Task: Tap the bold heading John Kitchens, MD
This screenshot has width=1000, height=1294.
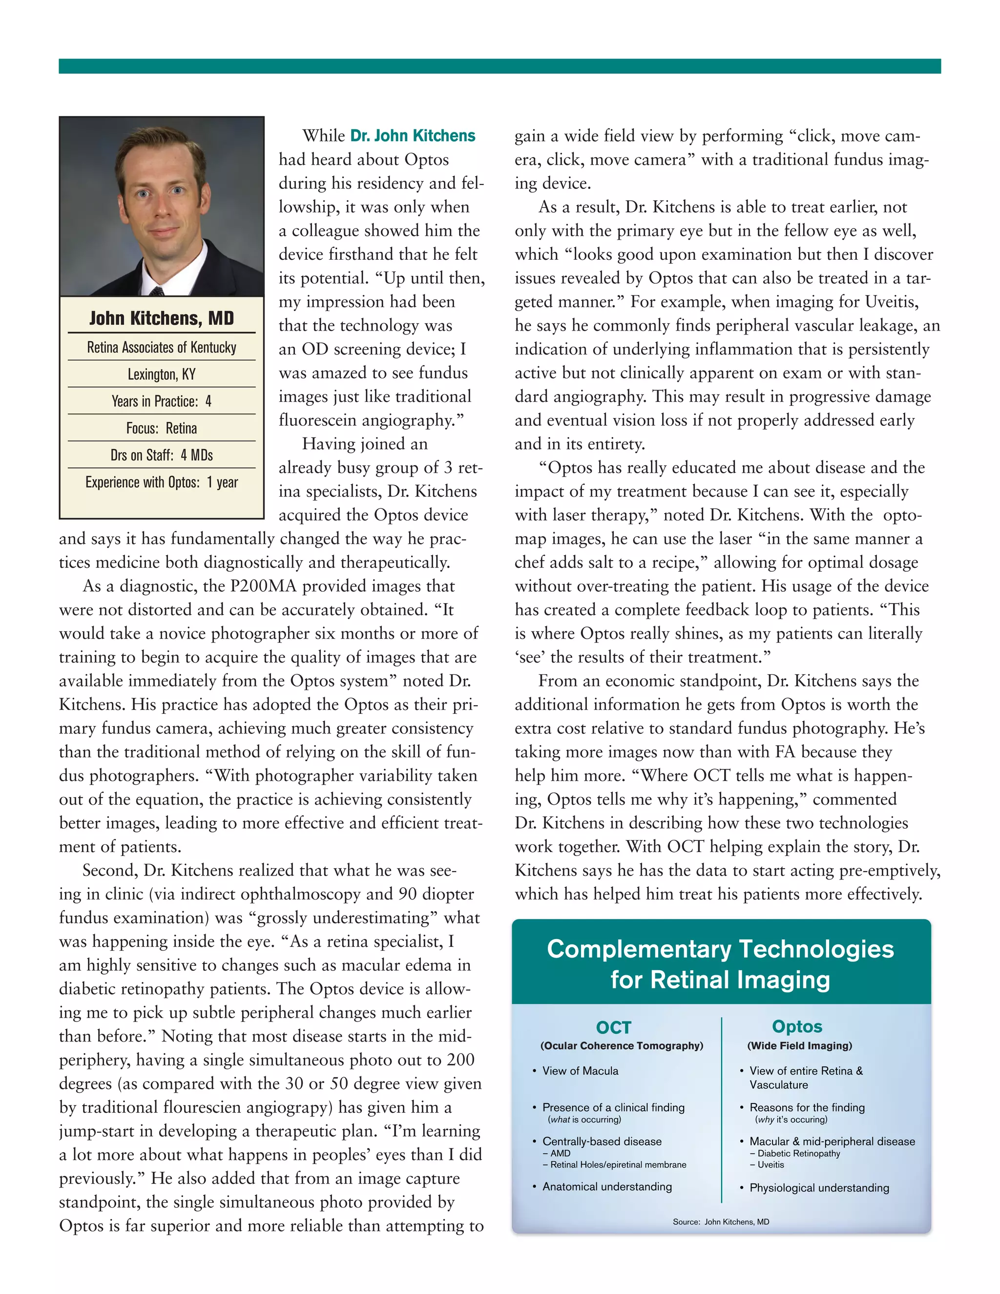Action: click(161, 318)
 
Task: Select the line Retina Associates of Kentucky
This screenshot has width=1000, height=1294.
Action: click(161, 347)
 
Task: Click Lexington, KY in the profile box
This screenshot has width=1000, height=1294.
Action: click(161, 375)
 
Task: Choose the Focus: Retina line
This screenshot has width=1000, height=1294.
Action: click(161, 428)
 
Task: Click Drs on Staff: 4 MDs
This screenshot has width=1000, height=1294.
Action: click(161, 455)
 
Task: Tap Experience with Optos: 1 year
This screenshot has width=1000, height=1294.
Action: click(161, 482)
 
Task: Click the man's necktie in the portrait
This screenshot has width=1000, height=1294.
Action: click(158, 291)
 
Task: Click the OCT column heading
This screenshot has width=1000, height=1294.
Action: click(614, 1027)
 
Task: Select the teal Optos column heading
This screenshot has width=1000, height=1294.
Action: click(797, 1026)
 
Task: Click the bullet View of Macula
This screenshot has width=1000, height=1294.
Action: click(580, 1071)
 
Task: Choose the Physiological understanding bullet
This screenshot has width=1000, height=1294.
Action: click(819, 1188)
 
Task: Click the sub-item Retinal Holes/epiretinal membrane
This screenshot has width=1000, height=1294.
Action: click(618, 1164)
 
